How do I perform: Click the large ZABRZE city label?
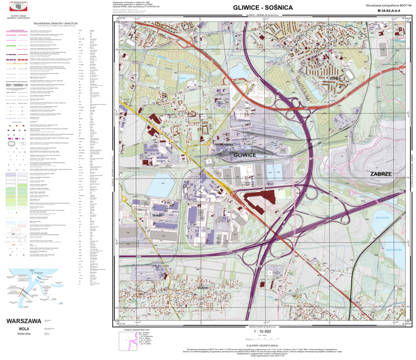point(382,174)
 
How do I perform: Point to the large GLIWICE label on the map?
point(245,154)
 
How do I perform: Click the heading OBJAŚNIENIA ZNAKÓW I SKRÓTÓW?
point(55,24)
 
